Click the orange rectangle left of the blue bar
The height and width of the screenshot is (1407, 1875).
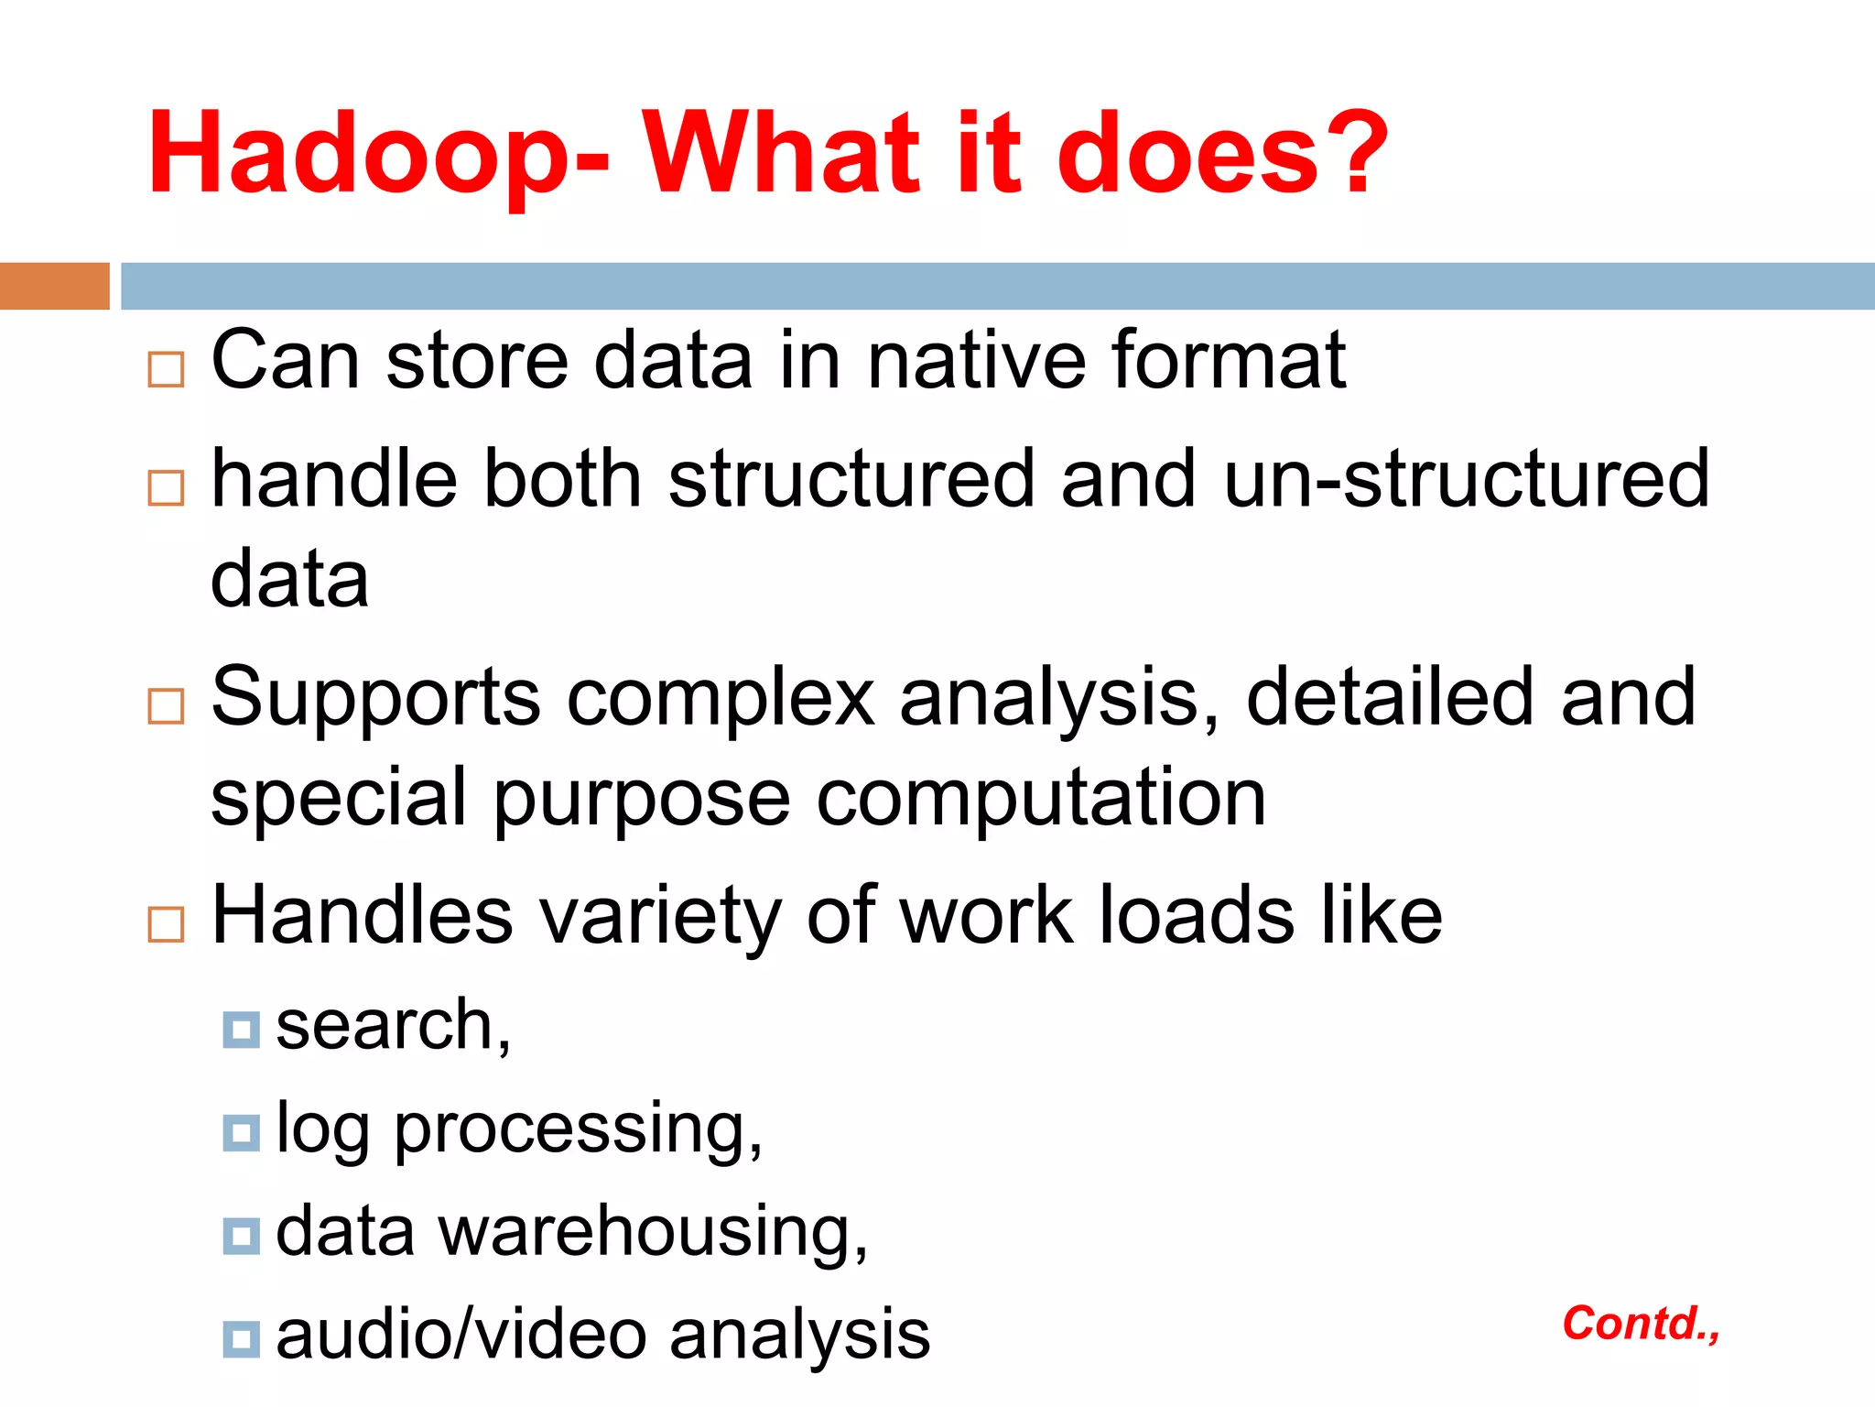click(x=54, y=286)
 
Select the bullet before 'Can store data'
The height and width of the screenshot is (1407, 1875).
click(x=166, y=369)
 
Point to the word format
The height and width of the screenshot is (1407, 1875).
click(x=1228, y=360)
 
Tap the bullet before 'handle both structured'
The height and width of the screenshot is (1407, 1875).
click(x=166, y=488)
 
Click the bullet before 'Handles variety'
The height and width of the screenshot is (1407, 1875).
click(x=166, y=924)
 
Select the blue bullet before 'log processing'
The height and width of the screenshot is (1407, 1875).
click(x=241, y=1133)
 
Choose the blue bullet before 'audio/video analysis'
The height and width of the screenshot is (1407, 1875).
click(x=241, y=1339)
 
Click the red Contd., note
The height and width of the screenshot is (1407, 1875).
click(x=1640, y=1324)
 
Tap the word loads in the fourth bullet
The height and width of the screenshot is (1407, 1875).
click(x=1197, y=916)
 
